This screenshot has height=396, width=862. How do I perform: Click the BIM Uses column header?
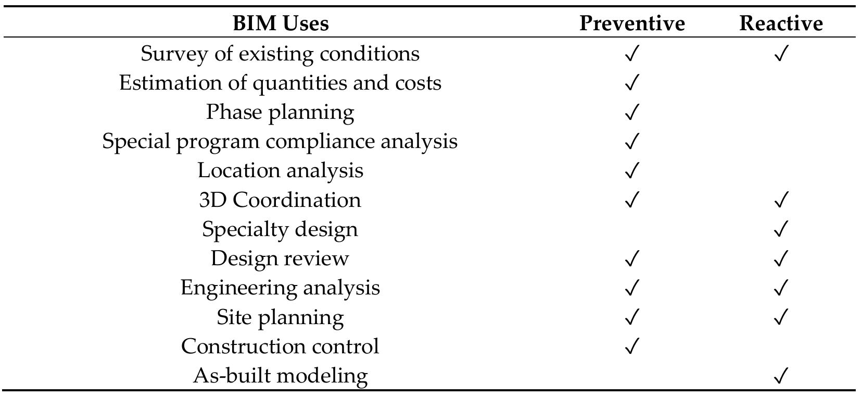click(280, 23)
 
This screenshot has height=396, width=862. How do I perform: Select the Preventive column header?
click(631, 23)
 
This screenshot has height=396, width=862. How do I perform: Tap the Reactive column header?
click(781, 23)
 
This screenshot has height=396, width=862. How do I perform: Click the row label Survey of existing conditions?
click(280, 54)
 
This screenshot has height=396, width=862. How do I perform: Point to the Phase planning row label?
click(280, 112)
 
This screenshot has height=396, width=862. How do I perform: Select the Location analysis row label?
click(280, 170)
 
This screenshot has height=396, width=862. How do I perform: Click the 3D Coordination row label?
click(280, 200)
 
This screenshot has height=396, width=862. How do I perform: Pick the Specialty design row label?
click(280, 229)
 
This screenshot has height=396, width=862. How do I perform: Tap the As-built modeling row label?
click(280, 376)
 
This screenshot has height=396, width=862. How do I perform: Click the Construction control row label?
click(280, 346)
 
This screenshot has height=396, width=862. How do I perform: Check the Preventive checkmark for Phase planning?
click(631, 112)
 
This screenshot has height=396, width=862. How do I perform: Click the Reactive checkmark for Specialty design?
click(781, 229)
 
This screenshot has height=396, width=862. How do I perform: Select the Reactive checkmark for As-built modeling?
click(781, 376)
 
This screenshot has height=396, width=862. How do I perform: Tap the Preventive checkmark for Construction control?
click(631, 346)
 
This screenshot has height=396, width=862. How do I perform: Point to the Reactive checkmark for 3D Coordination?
click(781, 200)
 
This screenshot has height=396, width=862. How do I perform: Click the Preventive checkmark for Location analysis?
click(631, 170)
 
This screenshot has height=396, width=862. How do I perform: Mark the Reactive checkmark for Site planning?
click(781, 317)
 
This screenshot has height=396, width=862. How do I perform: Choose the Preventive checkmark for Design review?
click(631, 258)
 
